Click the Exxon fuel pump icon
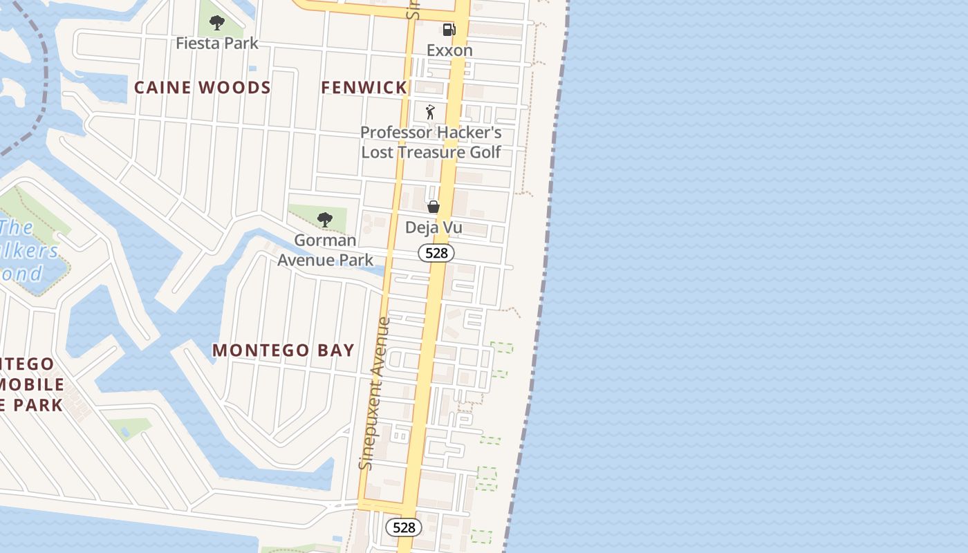(449, 30)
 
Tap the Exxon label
(449, 50)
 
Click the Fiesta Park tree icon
(217, 23)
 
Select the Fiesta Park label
(217, 44)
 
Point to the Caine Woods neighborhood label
(202, 88)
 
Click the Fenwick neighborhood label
(364, 88)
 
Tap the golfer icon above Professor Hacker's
(430, 112)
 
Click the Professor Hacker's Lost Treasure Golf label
(431, 142)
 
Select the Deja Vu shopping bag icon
(434, 207)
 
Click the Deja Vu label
(434, 227)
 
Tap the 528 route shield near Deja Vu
(436, 253)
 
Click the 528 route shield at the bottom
(404, 527)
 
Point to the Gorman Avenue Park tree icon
(324, 221)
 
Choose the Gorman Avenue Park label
(325, 250)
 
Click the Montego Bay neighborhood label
(283, 350)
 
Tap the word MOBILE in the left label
(32, 385)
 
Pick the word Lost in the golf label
(378, 152)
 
